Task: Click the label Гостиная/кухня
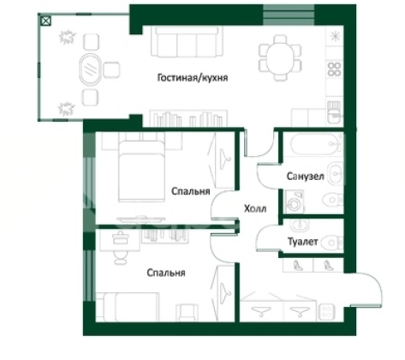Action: (x=193, y=78)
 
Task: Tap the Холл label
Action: (x=255, y=208)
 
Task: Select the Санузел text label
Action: (x=305, y=177)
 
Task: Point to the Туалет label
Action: (x=302, y=242)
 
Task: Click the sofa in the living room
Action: (x=187, y=42)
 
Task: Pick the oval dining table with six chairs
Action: (x=280, y=58)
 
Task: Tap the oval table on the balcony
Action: (x=90, y=69)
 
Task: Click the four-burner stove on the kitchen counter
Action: (x=334, y=69)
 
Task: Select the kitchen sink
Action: (x=334, y=112)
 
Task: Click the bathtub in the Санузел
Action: (x=316, y=144)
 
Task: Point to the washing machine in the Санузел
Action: (x=295, y=202)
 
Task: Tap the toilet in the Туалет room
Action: (x=332, y=243)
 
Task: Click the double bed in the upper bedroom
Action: (x=141, y=171)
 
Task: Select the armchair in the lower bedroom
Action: (x=187, y=312)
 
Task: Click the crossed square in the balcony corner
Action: (x=45, y=21)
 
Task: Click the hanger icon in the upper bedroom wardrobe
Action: (x=224, y=159)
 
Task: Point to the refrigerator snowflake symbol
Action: (x=335, y=36)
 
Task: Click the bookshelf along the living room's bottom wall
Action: (x=188, y=118)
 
